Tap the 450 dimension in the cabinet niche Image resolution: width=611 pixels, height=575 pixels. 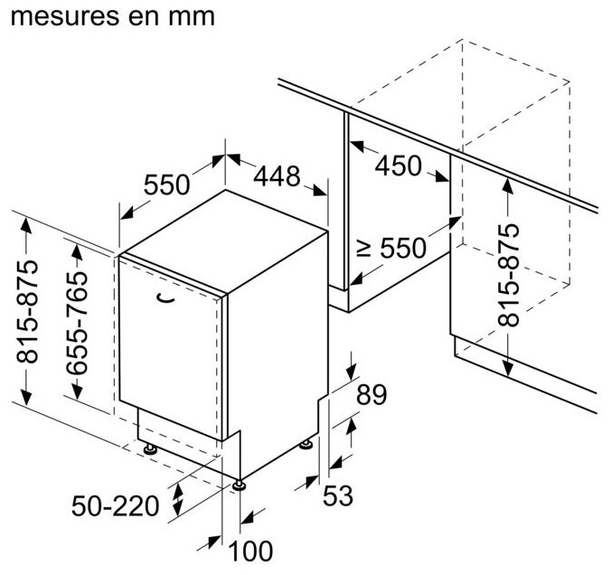click(x=398, y=165)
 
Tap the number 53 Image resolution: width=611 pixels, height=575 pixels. click(x=340, y=495)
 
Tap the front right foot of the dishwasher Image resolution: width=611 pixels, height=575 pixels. click(x=239, y=485)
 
